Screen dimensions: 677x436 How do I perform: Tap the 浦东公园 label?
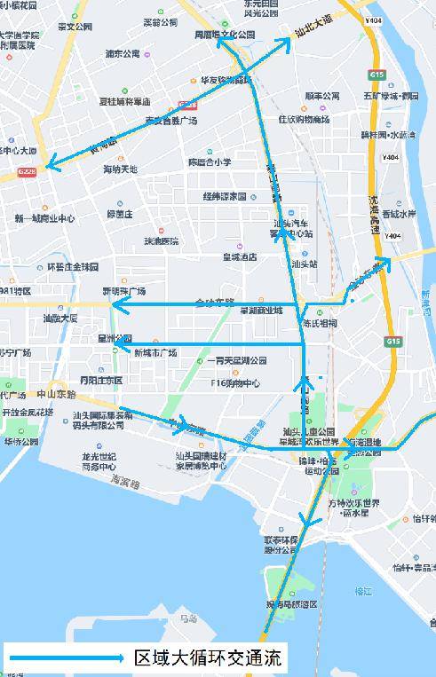[123, 54]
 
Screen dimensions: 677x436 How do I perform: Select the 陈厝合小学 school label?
[210, 162]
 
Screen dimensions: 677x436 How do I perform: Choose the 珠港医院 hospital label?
[162, 241]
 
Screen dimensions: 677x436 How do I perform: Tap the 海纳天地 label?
[121, 169]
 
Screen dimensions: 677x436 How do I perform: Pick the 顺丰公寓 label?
[322, 96]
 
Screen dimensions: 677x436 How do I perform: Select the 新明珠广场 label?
[123, 291]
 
